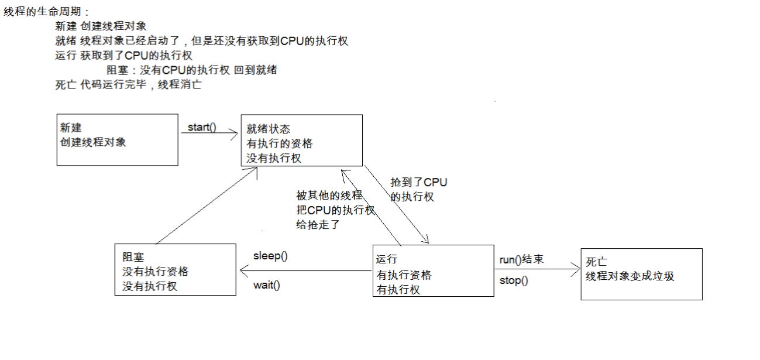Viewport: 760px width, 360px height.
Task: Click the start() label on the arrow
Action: tap(202, 127)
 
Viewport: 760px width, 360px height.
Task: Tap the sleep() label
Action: tap(270, 256)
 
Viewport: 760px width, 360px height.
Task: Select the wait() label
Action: tap(266, 285)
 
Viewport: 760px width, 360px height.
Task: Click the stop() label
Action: tap(514, 280)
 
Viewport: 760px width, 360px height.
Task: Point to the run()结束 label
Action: tap(521, 259)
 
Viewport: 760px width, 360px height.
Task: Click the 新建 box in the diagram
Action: tap(118, 139)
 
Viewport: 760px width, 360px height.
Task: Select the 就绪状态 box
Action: tap(302, 140)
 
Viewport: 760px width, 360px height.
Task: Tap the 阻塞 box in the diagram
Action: tap(176, 269)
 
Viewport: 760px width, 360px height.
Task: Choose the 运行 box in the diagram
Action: tap(433, 271)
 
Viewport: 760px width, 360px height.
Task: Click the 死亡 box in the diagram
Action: tap(641, 274)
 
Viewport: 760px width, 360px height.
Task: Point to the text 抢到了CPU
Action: tap(419, 183)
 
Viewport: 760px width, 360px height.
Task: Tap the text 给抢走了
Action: tap(318, 224)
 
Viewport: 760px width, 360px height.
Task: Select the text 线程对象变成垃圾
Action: tap(630, 276)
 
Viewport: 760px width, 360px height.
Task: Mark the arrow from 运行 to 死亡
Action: tap(537, 270)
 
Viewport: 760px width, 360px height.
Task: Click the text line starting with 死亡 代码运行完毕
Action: tap(128, 84)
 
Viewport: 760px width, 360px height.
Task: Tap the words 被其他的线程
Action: tap(329, 196)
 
